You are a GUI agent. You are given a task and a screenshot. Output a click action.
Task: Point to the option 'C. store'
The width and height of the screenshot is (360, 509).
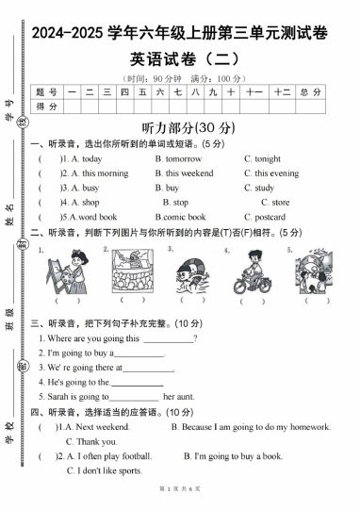tap(274, 203)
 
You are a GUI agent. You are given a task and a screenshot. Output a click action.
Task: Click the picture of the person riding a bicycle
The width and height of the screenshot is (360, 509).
tap(253, 271)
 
